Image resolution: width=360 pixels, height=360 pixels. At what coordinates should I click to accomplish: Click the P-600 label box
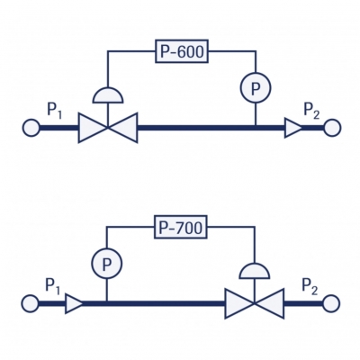[182, 51]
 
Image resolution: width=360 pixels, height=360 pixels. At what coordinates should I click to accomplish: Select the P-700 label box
[181, 227]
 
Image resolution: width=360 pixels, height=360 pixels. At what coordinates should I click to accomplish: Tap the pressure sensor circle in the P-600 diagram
[256, 87]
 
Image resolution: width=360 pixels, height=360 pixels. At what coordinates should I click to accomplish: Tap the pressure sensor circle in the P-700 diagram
[106, 264]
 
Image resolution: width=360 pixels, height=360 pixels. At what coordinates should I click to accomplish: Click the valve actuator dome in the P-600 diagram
[108, 95]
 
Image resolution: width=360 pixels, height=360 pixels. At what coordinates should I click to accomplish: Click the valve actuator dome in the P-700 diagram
[255, 271]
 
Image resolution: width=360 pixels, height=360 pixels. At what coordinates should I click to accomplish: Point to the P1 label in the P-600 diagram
[55, 111]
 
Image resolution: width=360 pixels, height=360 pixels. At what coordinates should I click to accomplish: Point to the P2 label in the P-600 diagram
[311, 111]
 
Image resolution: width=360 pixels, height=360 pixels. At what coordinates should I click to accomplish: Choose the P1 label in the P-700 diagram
[53, 286]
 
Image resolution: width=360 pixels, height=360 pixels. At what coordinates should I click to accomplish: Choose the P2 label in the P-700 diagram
[310, 286]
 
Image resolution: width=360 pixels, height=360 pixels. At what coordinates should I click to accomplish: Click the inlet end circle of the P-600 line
[31, 128]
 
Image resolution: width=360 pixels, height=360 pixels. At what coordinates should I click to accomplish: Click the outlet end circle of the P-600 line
[332, 128]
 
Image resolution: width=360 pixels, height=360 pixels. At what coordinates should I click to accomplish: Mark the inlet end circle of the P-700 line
[30, 303]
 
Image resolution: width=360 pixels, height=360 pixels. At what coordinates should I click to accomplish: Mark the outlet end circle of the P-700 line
[331, 303]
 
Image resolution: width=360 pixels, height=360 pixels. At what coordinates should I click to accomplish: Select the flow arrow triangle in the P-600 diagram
[292, 128]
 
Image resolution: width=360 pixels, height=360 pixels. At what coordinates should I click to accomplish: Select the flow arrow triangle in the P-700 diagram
[73, 303]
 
